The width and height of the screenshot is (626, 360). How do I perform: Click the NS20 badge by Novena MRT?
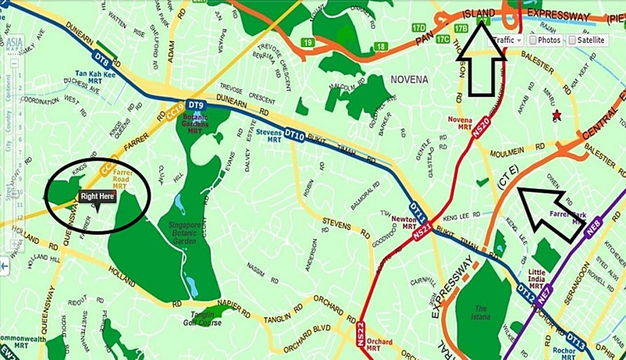(480, 126)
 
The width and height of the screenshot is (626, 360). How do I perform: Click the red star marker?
(556, 114)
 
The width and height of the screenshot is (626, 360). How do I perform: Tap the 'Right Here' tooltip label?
(97, 197)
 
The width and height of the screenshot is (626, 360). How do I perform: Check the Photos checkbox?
(544, 40)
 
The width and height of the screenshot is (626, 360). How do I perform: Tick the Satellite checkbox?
(586, 40)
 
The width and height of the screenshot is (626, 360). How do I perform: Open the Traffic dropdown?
(507, 40)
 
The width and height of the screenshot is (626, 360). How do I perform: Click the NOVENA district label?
(409, 79)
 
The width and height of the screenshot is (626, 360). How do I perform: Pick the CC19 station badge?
(172, 114)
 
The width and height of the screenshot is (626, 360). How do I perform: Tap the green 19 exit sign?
(307, 43)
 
